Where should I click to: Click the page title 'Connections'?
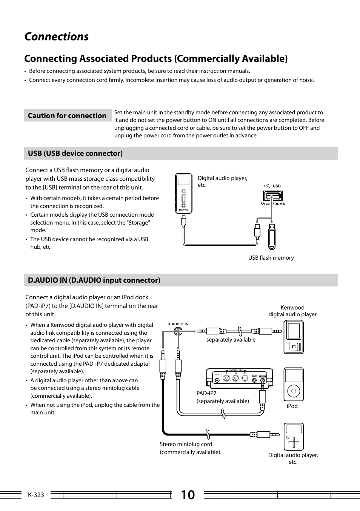point(56,37)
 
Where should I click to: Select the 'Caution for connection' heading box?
point(67,116)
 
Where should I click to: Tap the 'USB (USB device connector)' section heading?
point(75,153)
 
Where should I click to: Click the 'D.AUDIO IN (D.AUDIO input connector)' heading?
point(94,280)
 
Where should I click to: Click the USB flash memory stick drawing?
point(272,237)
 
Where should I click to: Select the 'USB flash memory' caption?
point(271,258)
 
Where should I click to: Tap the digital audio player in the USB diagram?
point(183,194)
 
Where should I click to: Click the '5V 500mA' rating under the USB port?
point(272,204)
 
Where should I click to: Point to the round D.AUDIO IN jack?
point(178,331)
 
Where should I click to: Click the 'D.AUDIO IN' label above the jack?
point(178,324)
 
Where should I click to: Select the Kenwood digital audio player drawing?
point(293,337)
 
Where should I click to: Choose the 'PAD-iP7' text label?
point(206,393)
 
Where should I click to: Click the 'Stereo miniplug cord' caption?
point(186,444)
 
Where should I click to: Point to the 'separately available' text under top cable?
point(231,340)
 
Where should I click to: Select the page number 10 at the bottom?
point(188,495)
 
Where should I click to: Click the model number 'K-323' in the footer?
point(36,495)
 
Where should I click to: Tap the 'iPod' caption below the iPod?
point(292,406)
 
